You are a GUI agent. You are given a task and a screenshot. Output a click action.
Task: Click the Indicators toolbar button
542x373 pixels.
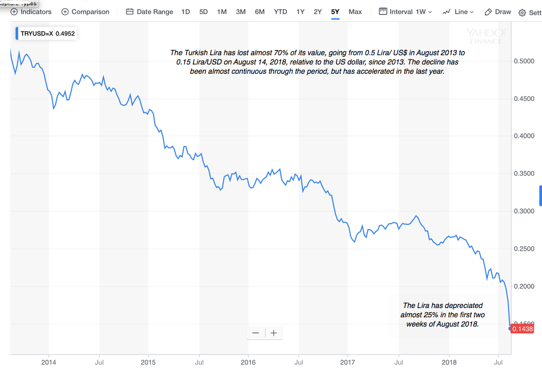coord(31,11)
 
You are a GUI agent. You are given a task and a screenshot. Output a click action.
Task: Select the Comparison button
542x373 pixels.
coord(85,11)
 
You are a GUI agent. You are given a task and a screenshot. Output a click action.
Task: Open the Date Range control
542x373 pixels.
coord(150,11)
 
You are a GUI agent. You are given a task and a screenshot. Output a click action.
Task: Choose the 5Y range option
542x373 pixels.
coord(335,11)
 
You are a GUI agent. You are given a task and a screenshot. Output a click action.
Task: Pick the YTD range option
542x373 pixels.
coord(281,11)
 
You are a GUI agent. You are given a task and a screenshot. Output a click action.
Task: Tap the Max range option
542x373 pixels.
coord(355,11)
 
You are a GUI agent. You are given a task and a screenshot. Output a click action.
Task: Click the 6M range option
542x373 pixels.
coord(260,11)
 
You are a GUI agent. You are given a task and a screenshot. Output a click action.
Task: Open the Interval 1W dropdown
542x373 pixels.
coord(405,11)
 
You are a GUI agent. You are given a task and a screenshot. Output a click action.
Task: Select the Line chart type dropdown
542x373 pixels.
coord(458,11)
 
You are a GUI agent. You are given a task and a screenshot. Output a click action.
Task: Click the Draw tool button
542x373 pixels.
coord(498,11)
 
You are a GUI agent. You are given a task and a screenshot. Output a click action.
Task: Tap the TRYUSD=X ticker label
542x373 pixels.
coord(37,34)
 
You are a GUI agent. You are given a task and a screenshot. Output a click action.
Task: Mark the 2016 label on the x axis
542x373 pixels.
coord(248,362)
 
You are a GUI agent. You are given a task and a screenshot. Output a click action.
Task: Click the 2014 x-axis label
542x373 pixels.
coord(48,362)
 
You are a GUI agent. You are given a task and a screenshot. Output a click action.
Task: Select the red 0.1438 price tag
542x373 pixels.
coord(522,329)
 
